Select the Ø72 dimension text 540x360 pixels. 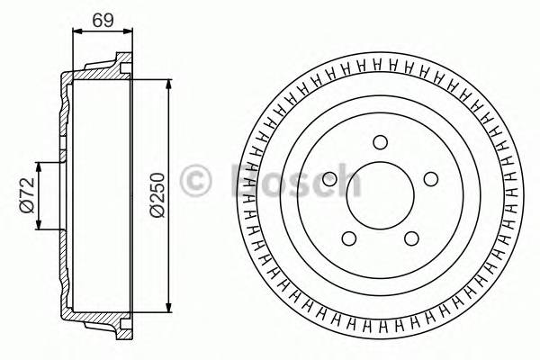(26, 195)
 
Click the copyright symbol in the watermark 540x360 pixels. (195, 179)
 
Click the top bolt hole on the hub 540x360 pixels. (380, 140)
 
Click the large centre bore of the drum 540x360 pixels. (380, 193)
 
